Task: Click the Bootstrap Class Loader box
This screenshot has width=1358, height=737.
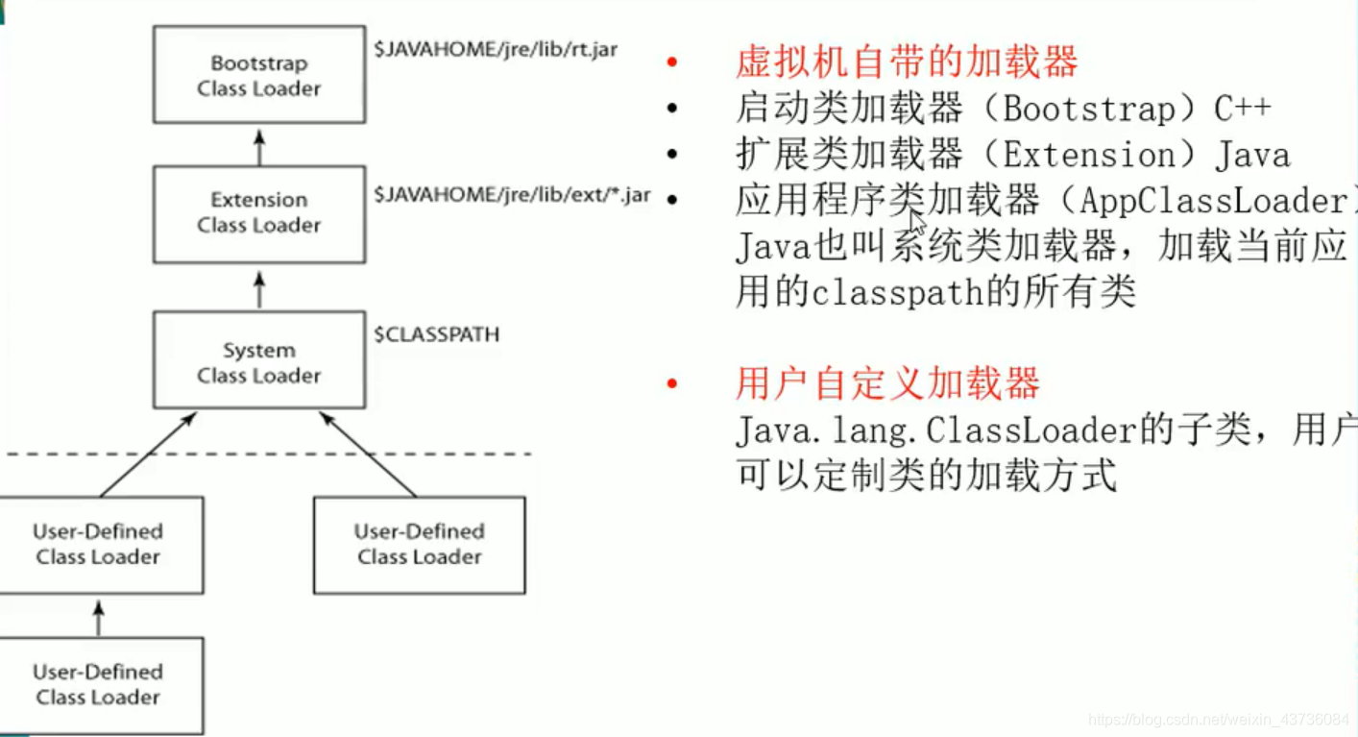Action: pos(258,75)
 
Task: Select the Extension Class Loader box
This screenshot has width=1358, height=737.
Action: pos(258,212)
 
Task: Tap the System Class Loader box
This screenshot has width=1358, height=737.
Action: pos(258,362)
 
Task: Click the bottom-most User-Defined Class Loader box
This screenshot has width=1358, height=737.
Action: pos(98,684)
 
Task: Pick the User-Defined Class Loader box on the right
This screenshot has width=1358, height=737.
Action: pos(419,544)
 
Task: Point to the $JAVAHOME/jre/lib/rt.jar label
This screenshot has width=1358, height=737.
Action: pos(496,49)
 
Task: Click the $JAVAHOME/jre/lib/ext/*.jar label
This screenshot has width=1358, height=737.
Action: pos(512,195)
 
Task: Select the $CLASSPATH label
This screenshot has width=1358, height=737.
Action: pos(437,334)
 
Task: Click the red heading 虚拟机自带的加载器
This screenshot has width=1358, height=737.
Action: pos(907,62)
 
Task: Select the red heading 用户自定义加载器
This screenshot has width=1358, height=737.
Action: pos(887,383)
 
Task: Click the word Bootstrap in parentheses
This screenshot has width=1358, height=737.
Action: pos(1088,109)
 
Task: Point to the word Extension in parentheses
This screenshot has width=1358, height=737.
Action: pos(1088,155)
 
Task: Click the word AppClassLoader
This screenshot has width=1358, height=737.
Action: pos(1214,201)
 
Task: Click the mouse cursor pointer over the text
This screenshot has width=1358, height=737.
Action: pos(917,222)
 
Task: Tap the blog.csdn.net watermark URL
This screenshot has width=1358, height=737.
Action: pos(1220,719)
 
